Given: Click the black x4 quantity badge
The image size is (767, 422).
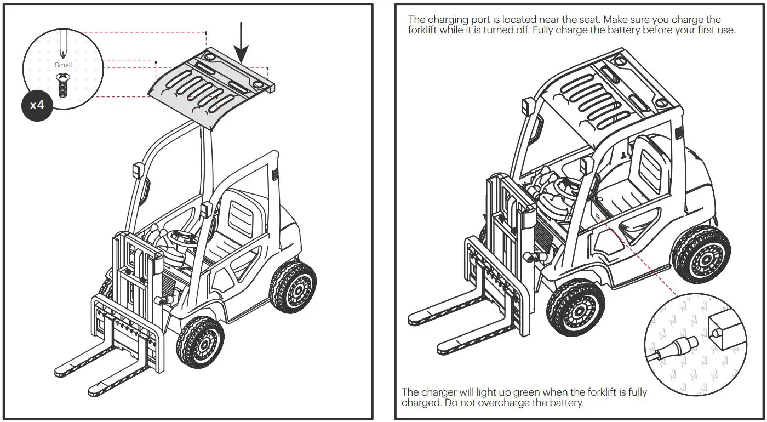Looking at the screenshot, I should pyautogui.click(x=37, y=105).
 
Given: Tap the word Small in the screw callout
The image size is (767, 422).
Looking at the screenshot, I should pyautogui.click(x=63, y=65).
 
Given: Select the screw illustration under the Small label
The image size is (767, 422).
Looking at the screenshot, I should pyautogui.click(x=62, y=84).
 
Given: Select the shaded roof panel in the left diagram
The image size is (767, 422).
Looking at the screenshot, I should pyautogui.click(x=211, y=88).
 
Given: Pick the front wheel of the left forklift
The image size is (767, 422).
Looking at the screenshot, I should pyautogui.click(x=200, y=342).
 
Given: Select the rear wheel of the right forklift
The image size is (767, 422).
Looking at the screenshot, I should pyautogui.click(x=701, y=254).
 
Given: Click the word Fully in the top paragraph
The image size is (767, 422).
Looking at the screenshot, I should pyautogui.click(x=557, y=30).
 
